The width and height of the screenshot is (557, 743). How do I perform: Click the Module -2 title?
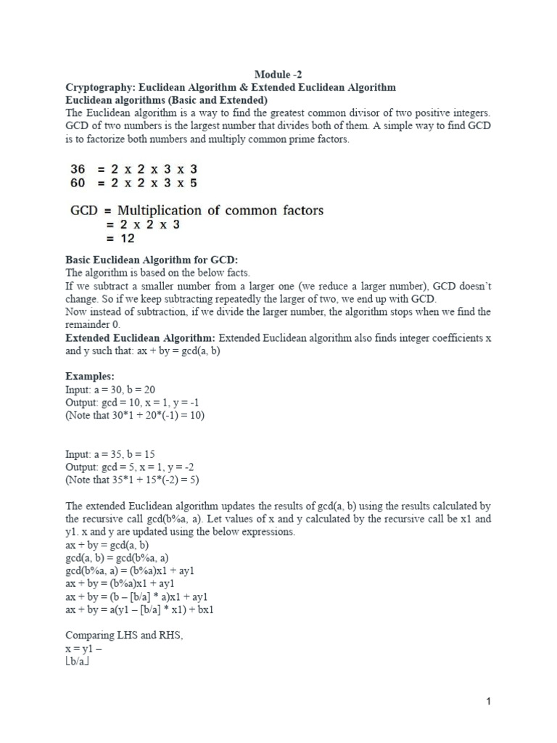(x=278, y=75)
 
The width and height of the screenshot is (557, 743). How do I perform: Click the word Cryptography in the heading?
(x=97, y=87)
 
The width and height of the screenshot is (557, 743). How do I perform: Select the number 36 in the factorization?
(x=78, y=168)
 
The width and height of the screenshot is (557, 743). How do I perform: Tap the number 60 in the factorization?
(x=78, y=183)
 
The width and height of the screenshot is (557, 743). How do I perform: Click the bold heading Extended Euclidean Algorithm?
(x=141, y=338)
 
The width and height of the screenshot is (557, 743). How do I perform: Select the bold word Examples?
(x=90, y=377)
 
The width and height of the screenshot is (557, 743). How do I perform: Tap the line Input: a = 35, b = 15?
(x=110, y=454)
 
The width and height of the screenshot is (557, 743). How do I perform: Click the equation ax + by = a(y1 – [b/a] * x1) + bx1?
(x=139, y=609)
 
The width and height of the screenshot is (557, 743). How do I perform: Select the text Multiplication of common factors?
(x=218, y=210)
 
